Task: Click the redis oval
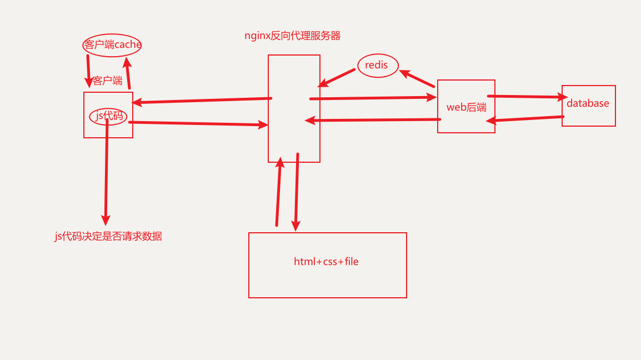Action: pos(378,66)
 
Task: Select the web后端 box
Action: pos(466,107)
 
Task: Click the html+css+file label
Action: pos(327,262)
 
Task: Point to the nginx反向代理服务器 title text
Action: pos(293,36)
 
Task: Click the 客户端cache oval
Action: pos(112,45)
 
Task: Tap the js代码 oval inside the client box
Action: pos(108,116)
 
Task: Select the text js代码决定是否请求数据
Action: pos(108,236)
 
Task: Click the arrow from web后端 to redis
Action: pos(417,78)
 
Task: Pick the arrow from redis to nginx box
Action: pos(337,78)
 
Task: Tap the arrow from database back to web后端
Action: pos(525,119)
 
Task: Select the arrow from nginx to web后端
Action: pos(372,98)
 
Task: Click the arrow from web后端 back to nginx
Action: pos(372,119)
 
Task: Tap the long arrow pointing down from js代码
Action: pos(106,172)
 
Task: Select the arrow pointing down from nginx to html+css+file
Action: pos(297,192)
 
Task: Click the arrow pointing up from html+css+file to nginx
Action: pos(278,192)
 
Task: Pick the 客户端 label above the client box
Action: pos(108,81)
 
